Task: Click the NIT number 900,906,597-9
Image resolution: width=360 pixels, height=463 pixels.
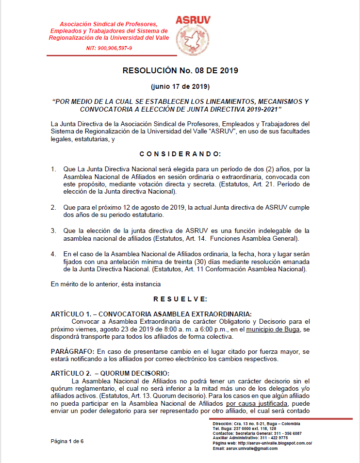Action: (x=109, y=49)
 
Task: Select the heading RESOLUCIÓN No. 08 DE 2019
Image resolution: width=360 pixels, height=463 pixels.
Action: (x=180, y=70)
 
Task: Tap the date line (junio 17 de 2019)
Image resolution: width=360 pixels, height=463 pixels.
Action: (x=180, y=87)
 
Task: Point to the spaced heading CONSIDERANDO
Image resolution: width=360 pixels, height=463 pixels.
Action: (x=180, y=154)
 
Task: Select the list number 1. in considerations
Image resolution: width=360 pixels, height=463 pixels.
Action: (x=53, y=169)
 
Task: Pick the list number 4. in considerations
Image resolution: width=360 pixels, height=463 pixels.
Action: (x=53, y=254)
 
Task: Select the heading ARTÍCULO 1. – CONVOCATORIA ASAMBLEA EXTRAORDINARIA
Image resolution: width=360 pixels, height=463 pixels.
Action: (x=151, y=314)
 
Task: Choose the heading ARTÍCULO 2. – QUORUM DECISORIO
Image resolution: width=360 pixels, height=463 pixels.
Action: (x=110, y=373)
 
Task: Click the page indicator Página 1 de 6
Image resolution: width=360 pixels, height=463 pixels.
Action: (x=67, y=441)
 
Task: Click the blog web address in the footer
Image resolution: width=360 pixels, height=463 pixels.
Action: (x=262, y=443)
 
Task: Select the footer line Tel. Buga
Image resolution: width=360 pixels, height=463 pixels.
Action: (x=245, y=429)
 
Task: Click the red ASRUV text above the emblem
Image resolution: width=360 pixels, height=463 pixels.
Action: (x=193, y=20)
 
